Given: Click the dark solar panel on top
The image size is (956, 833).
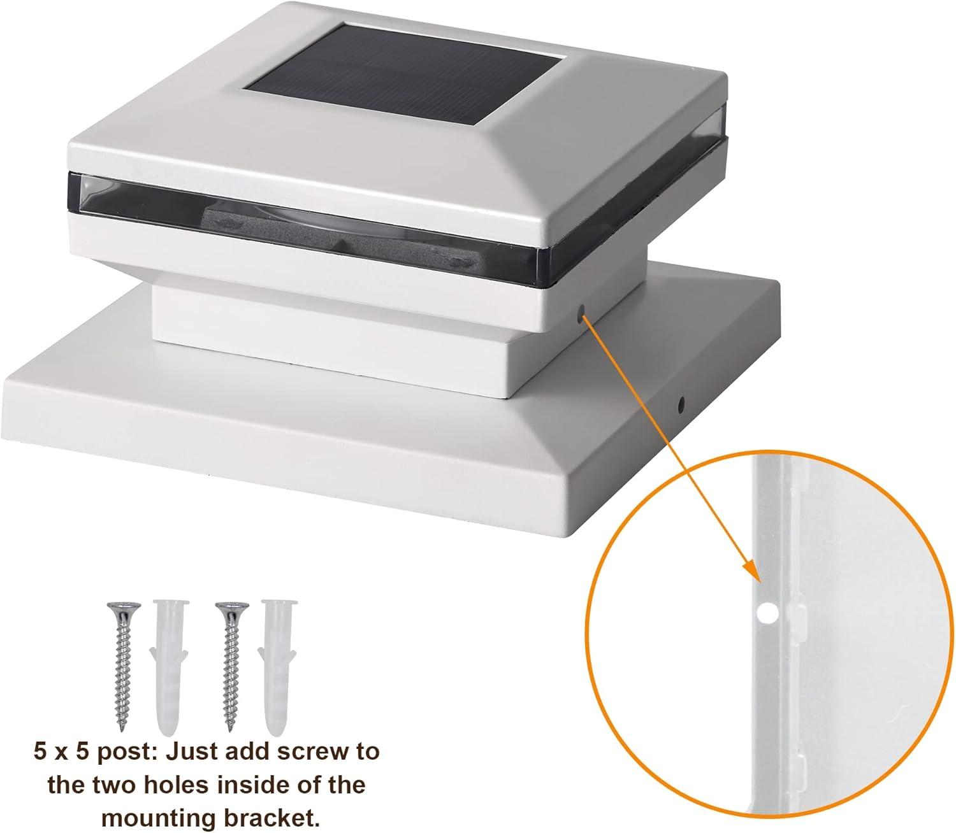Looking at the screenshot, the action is (405, 75).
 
